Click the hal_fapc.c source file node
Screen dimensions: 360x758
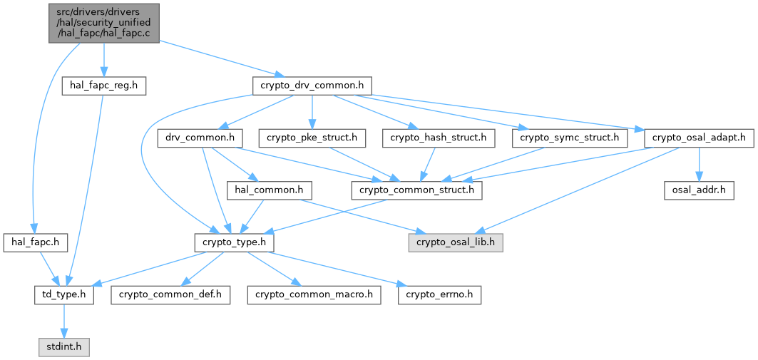click(103, 23)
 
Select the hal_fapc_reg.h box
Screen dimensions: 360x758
click(104, 86)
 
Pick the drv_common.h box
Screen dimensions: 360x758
click(200, 138)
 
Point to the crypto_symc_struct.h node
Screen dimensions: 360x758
click(569, 138)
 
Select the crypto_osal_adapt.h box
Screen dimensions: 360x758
click(698, 138)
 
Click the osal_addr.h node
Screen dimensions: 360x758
click(698, 190)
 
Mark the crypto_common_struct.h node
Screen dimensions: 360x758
click(416, 190)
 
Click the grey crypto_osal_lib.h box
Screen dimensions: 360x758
click(456, 242)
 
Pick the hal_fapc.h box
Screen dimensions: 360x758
click(35, 242)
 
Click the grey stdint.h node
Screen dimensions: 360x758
click(63, 347)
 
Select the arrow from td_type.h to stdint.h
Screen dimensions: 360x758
click(63, 321)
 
